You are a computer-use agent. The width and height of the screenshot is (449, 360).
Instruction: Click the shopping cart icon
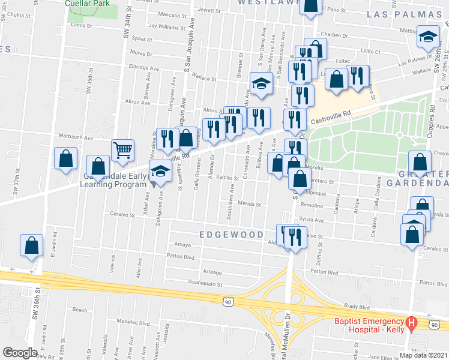click(122, 150)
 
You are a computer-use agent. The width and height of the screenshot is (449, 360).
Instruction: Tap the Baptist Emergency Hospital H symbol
click(411, 325)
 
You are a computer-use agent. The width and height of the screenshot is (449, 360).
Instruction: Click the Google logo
click(20, 353)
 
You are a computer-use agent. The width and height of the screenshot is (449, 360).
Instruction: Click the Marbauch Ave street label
click(80, 137)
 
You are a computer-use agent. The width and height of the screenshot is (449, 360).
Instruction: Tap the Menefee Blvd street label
click(133, 322)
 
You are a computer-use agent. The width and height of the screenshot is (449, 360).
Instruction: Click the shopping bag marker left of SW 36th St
click(31, 245)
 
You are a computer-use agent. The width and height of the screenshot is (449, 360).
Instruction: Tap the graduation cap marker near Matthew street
click(429, 38)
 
